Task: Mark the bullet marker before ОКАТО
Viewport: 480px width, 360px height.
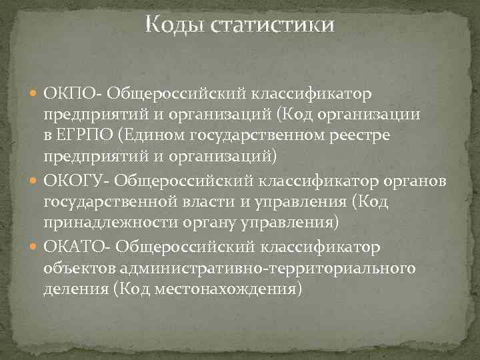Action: click(34, 248)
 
